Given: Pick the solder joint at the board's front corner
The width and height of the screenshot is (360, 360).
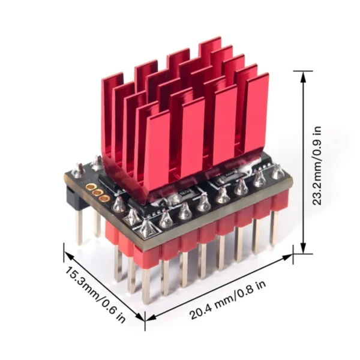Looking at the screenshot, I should (146, 227).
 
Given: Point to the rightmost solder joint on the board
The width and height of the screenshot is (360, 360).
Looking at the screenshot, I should (277, 172).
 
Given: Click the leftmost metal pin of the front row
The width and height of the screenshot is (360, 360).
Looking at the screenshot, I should (146, 282).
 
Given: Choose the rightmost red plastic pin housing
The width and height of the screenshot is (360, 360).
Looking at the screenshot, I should (278, 201).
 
